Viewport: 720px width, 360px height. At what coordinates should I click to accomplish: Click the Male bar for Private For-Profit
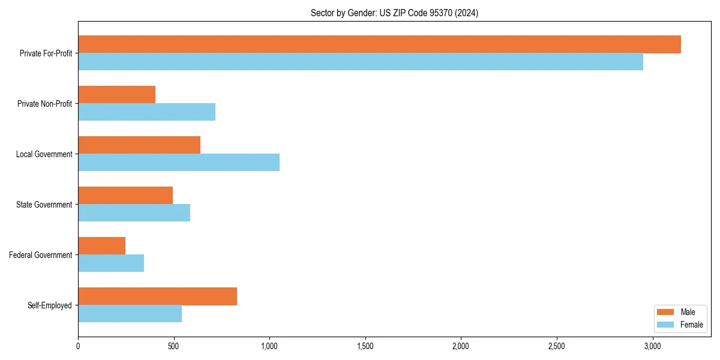click(379, 44)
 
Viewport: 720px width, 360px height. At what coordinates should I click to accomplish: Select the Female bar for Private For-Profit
click(360, 62)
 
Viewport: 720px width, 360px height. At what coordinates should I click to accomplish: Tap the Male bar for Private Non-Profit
click(116, 95)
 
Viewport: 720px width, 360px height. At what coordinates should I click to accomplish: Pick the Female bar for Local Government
click(179, 163)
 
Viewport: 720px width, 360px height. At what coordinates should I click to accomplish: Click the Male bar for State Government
click(125, 196)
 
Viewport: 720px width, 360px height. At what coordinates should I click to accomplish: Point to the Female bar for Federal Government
click(111, 263)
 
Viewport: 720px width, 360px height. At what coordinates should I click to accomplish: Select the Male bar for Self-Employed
click(157, 296)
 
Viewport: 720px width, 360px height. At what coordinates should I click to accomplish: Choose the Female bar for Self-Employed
click(130, 314)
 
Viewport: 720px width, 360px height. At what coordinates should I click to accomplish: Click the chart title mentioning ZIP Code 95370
click(394, 13)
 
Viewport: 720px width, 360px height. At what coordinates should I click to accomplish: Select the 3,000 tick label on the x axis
click(652, 346)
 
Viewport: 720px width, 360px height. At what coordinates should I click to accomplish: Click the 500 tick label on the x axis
click(173, 346)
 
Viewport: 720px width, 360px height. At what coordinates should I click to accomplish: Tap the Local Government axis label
click(44, 154)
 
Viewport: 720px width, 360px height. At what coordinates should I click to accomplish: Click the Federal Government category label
click(40, 255)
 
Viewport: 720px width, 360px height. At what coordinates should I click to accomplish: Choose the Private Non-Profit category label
click(44, 104)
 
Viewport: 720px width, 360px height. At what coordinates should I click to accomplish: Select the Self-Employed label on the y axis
click(49, 305)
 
